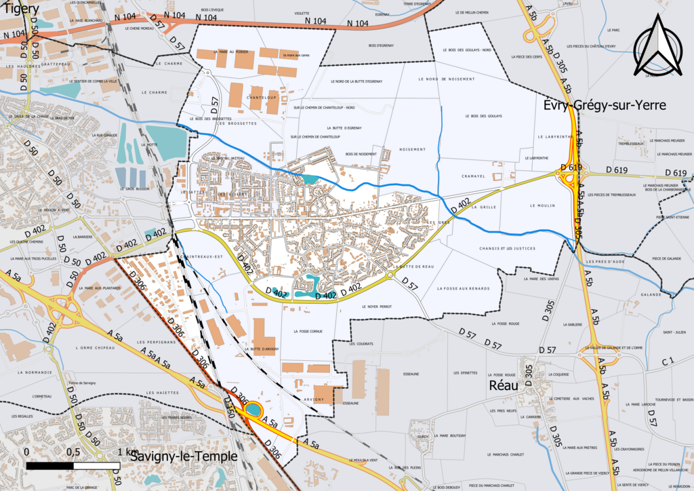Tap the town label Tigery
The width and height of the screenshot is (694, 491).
click(20, 12)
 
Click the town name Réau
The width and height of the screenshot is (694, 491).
click(504, 385)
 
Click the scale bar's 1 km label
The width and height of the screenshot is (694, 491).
click(127, 452)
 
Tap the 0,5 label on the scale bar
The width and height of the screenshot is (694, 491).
click(73, 452)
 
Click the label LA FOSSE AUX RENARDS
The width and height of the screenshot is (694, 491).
click(464, 289)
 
